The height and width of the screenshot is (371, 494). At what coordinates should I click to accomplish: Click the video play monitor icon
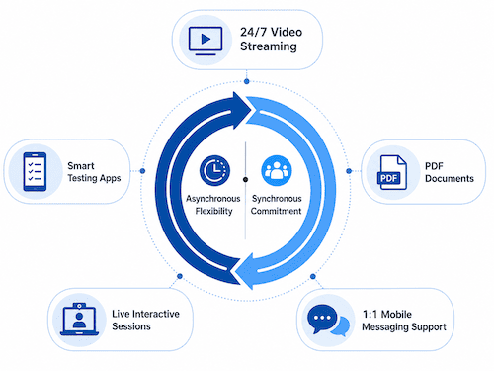(206, 41)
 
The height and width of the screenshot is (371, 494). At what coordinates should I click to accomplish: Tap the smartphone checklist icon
(35, 171)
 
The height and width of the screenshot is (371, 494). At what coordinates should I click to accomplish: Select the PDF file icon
(392, 172)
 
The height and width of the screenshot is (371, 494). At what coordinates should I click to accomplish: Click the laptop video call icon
(79, 319)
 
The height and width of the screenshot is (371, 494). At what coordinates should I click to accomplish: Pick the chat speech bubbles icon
(328, 320)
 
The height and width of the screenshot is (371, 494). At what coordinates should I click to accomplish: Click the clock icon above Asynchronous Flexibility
(214, 170)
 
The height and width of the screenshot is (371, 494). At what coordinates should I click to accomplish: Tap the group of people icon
(277, 170)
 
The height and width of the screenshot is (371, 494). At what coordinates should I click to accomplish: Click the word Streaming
(269, 46)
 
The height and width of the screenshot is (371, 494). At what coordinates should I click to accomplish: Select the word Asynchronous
(213, 199)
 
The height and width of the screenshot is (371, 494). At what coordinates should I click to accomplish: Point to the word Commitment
(276, 211)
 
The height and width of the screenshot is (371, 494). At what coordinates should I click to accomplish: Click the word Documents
(450, 178)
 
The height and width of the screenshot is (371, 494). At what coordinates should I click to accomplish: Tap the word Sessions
(131, 326)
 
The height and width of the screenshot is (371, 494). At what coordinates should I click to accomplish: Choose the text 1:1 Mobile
(387, 314)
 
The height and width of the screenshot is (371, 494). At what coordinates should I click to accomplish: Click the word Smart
(81, 165)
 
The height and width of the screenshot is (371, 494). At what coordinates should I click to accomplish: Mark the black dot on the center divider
(245, 179)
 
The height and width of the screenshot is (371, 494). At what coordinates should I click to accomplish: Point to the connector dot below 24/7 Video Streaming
(247, 81)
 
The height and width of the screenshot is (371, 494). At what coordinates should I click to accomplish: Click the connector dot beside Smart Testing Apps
(142, 171)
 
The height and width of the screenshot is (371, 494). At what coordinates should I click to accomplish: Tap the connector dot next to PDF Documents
(349, 171)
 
